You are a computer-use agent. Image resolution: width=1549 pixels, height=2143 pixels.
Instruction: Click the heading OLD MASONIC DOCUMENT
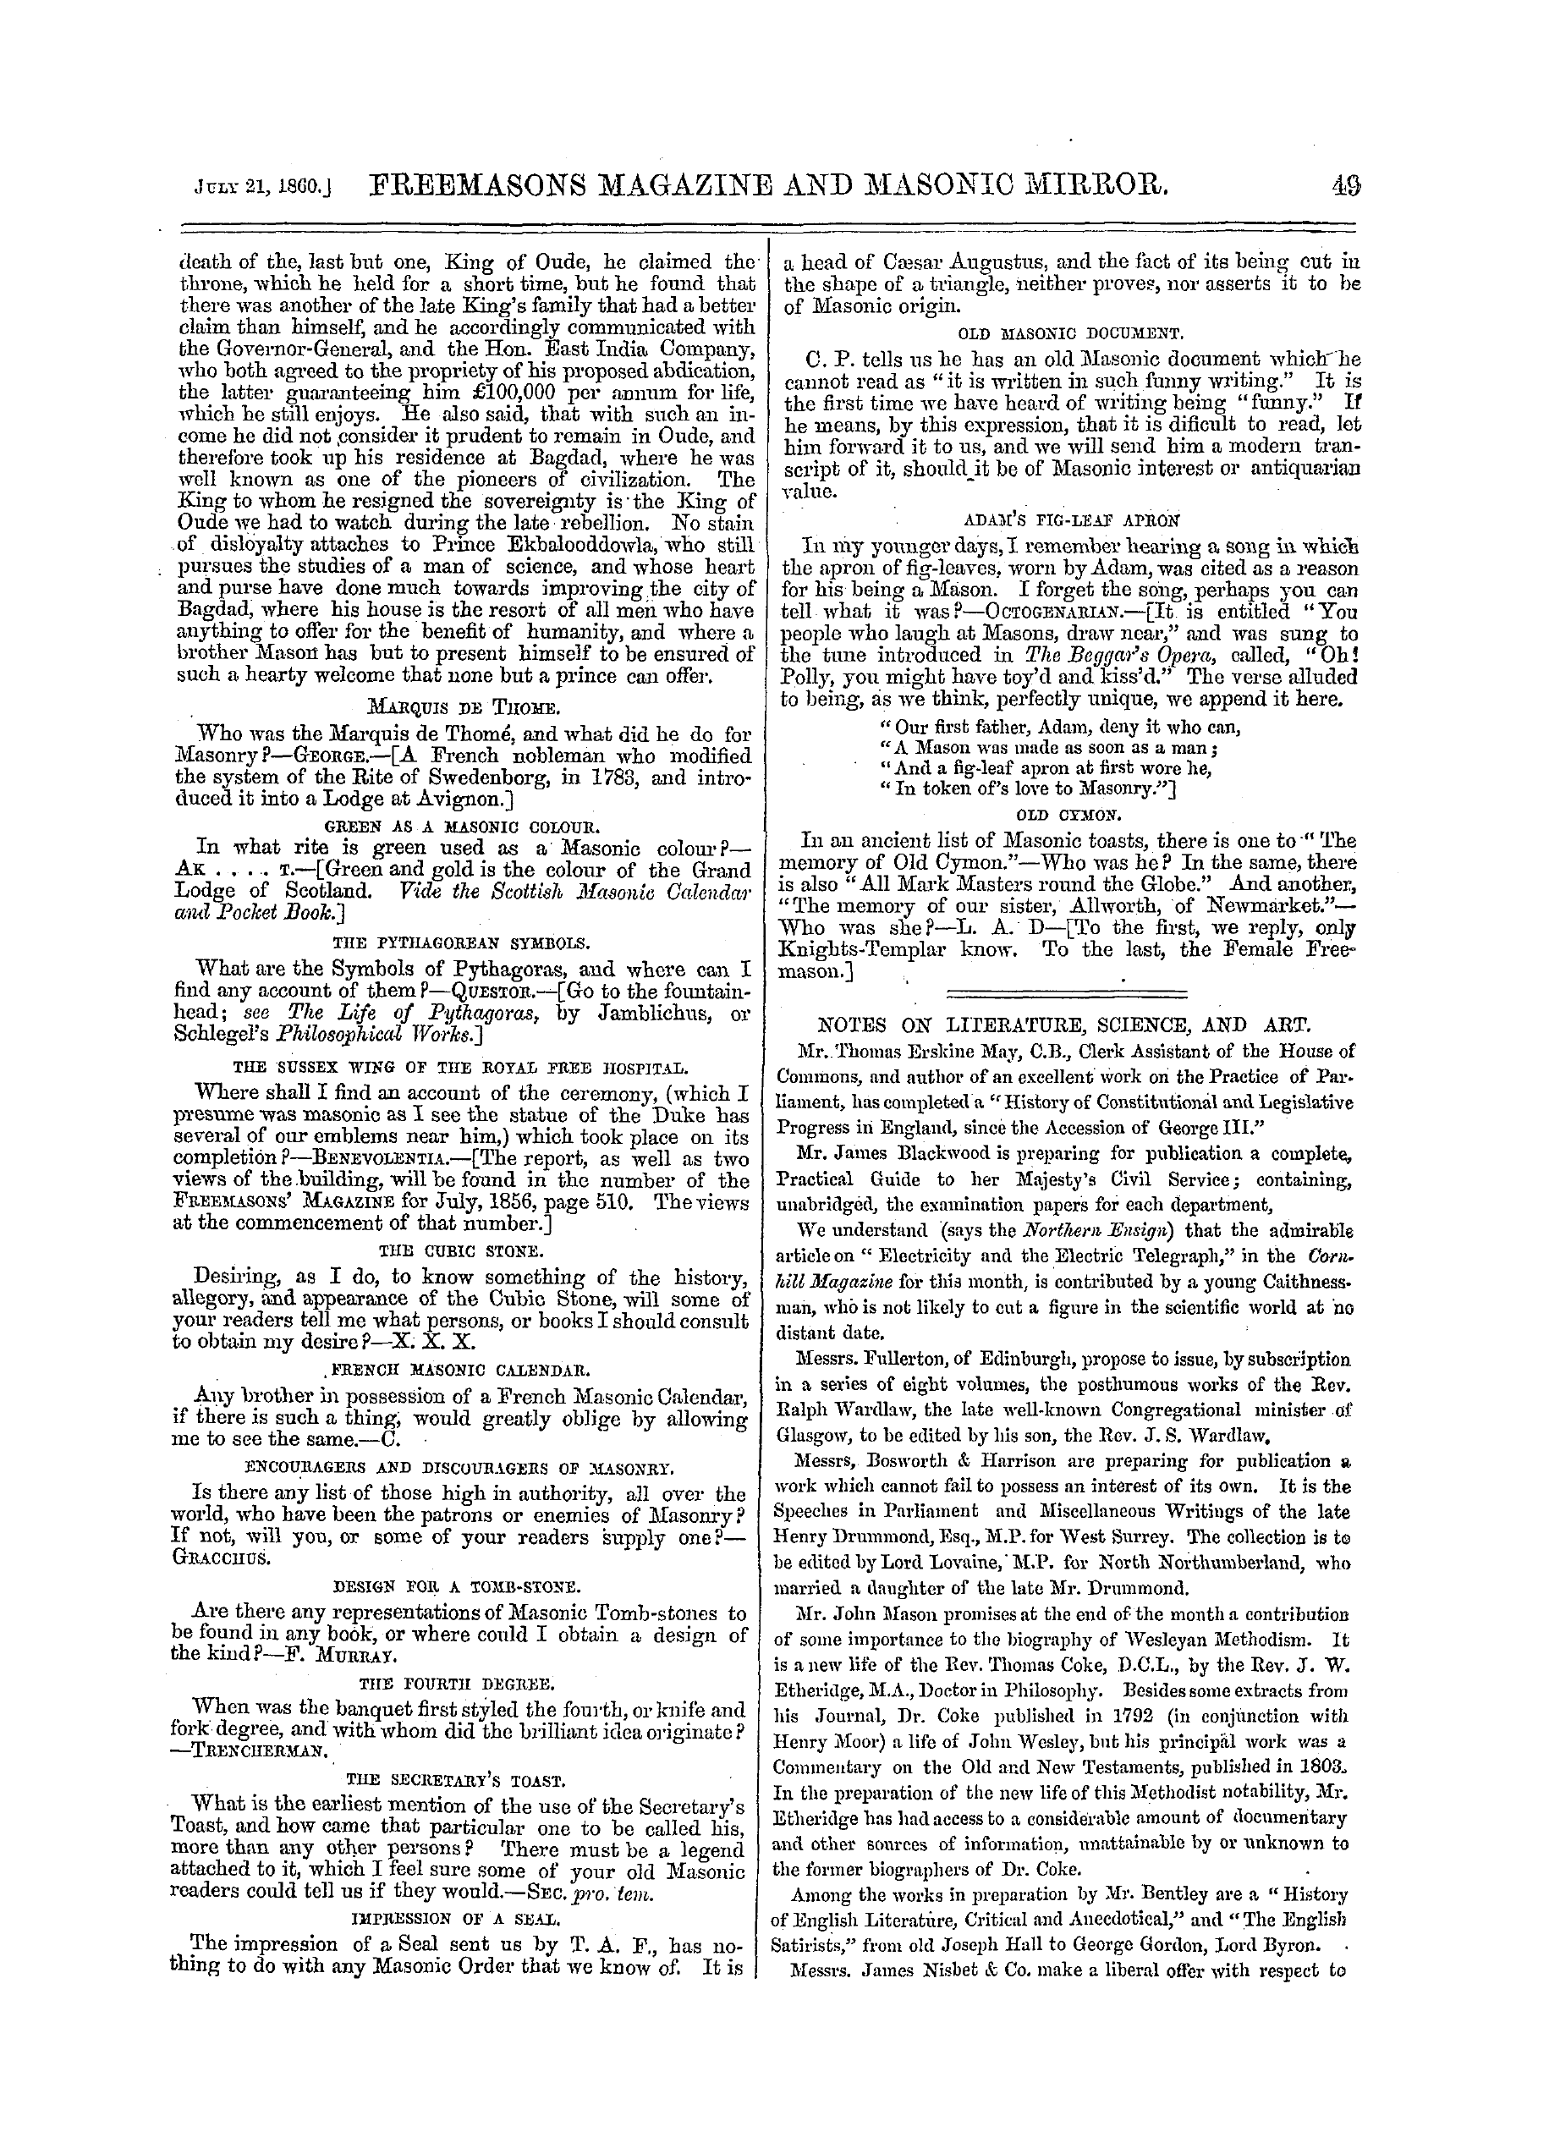pos(1071,332)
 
